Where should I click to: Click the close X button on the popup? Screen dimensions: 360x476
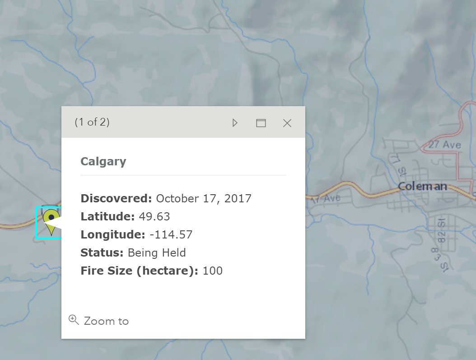[x=287, y=123]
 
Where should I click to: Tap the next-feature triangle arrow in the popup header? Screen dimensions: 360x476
[x=235, y=123]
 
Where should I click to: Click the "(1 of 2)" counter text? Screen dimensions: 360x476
[x=92, y=122]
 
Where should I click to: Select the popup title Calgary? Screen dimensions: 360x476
[x=103, y=162]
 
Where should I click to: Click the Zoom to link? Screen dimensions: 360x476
[x=106, y=321]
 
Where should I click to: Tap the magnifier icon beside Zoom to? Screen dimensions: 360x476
[x=73, y=320]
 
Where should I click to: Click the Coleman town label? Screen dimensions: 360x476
[x=422, y=186]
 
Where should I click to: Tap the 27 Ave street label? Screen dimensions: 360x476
[x=445, y=145]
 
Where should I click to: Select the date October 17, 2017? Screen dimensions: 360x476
[x=204, y=198]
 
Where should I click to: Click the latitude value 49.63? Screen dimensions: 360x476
[x=154, y=216]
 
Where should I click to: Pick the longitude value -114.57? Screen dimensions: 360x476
[x=171, y=234]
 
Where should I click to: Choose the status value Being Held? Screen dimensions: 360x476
[x=157, y=252]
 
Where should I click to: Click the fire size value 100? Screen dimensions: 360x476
[x=213, y=271]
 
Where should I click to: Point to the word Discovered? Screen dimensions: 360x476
[x=117, y=198]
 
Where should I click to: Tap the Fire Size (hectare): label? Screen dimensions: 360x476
[x=140, y=271]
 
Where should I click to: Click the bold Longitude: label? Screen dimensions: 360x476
[x=113, y=234]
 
